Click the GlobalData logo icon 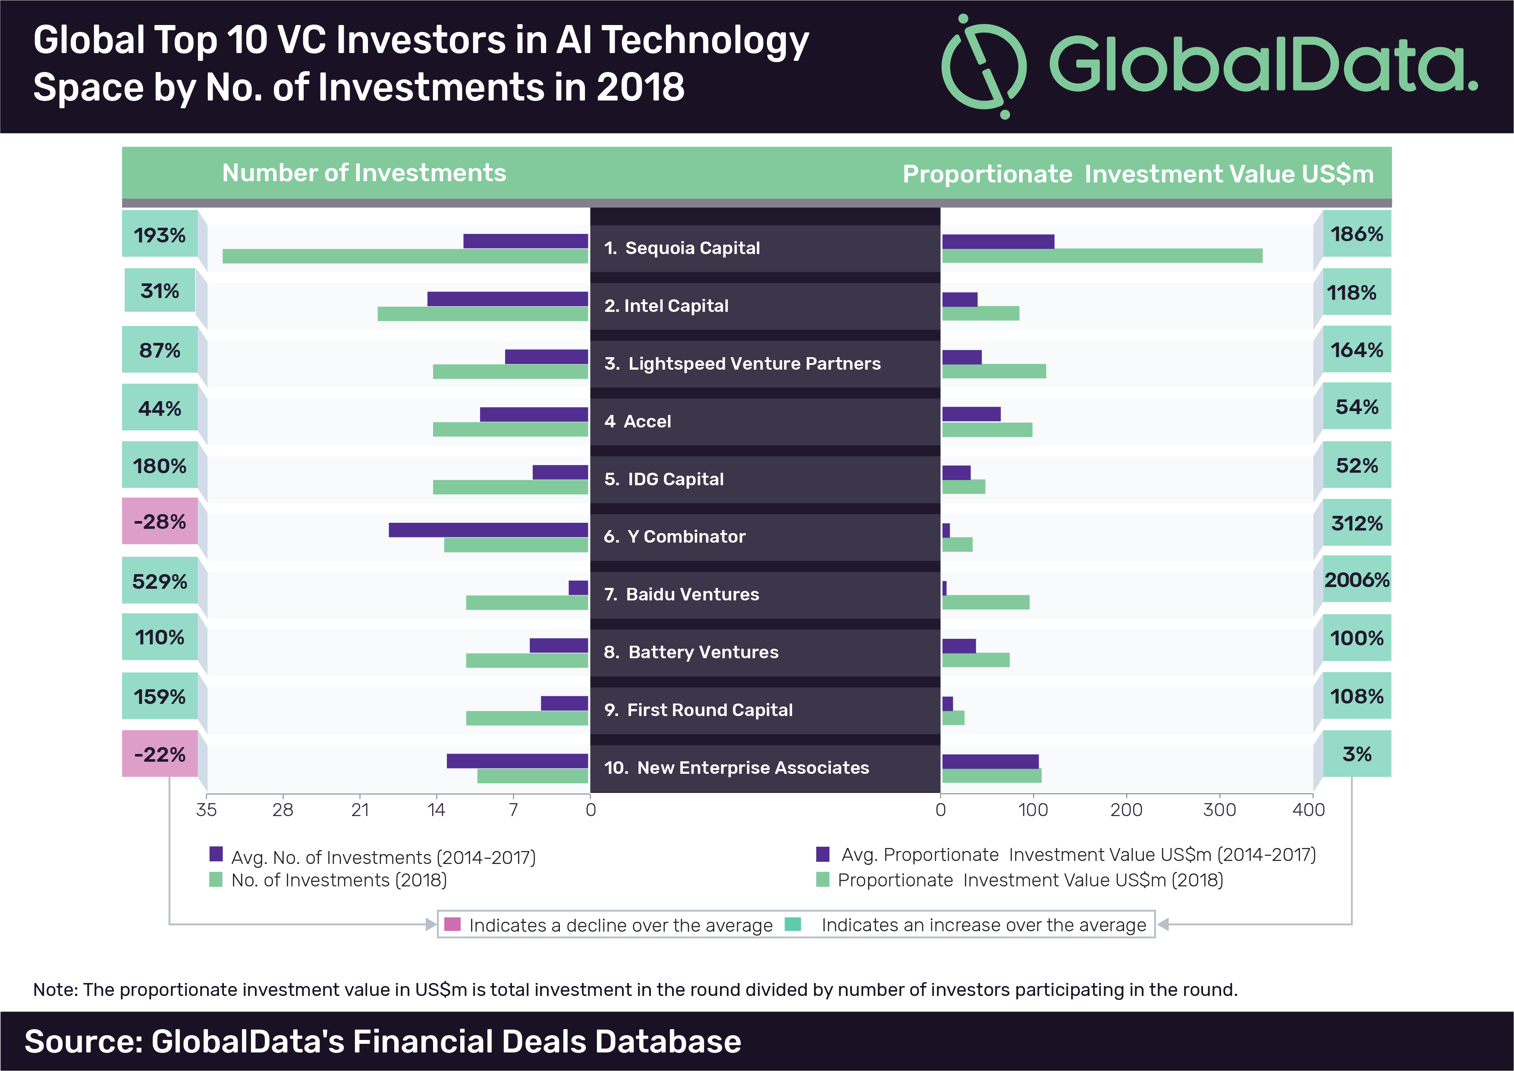point(983,66)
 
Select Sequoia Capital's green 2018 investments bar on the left point(405,256)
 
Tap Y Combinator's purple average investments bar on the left point(488,530)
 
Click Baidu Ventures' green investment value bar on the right point(985,602)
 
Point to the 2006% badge point(1357,580)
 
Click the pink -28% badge point(160,521)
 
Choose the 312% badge point(1357,523)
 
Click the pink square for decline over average point(452,924)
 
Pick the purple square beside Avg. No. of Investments point(216,854)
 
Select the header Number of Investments point(364,173)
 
